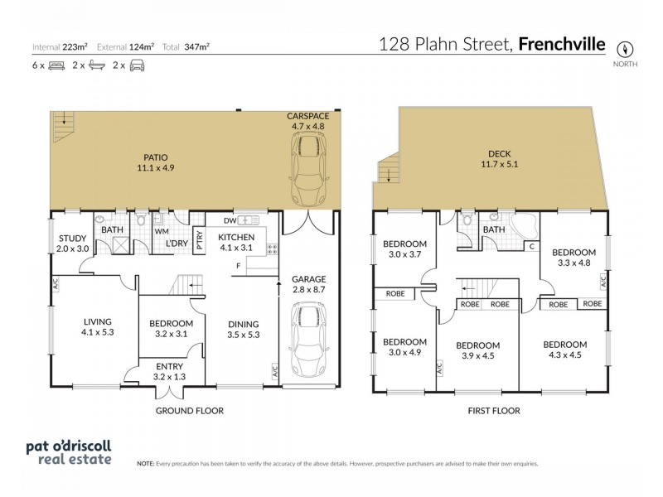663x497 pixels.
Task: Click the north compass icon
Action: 627,47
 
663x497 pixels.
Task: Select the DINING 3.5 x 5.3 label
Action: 244,329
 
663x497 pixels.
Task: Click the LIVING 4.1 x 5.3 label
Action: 97,326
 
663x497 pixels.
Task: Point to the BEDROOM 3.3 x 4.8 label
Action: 573,257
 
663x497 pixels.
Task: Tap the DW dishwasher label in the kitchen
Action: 230,220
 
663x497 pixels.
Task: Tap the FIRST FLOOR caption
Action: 494,409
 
